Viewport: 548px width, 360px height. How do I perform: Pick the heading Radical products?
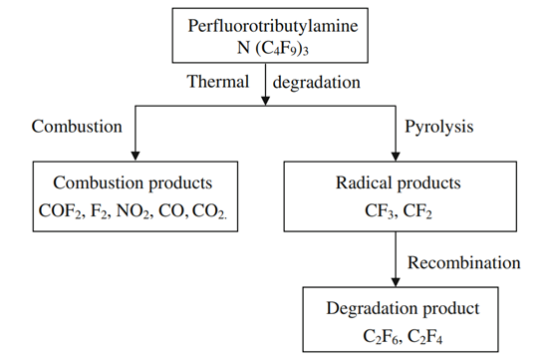tap(403, 185)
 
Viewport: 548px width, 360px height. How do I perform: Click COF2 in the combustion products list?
tap(63, 211)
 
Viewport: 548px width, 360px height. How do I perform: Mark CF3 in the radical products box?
tap(383, 211)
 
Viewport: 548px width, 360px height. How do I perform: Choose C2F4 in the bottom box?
tap(429, 336)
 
